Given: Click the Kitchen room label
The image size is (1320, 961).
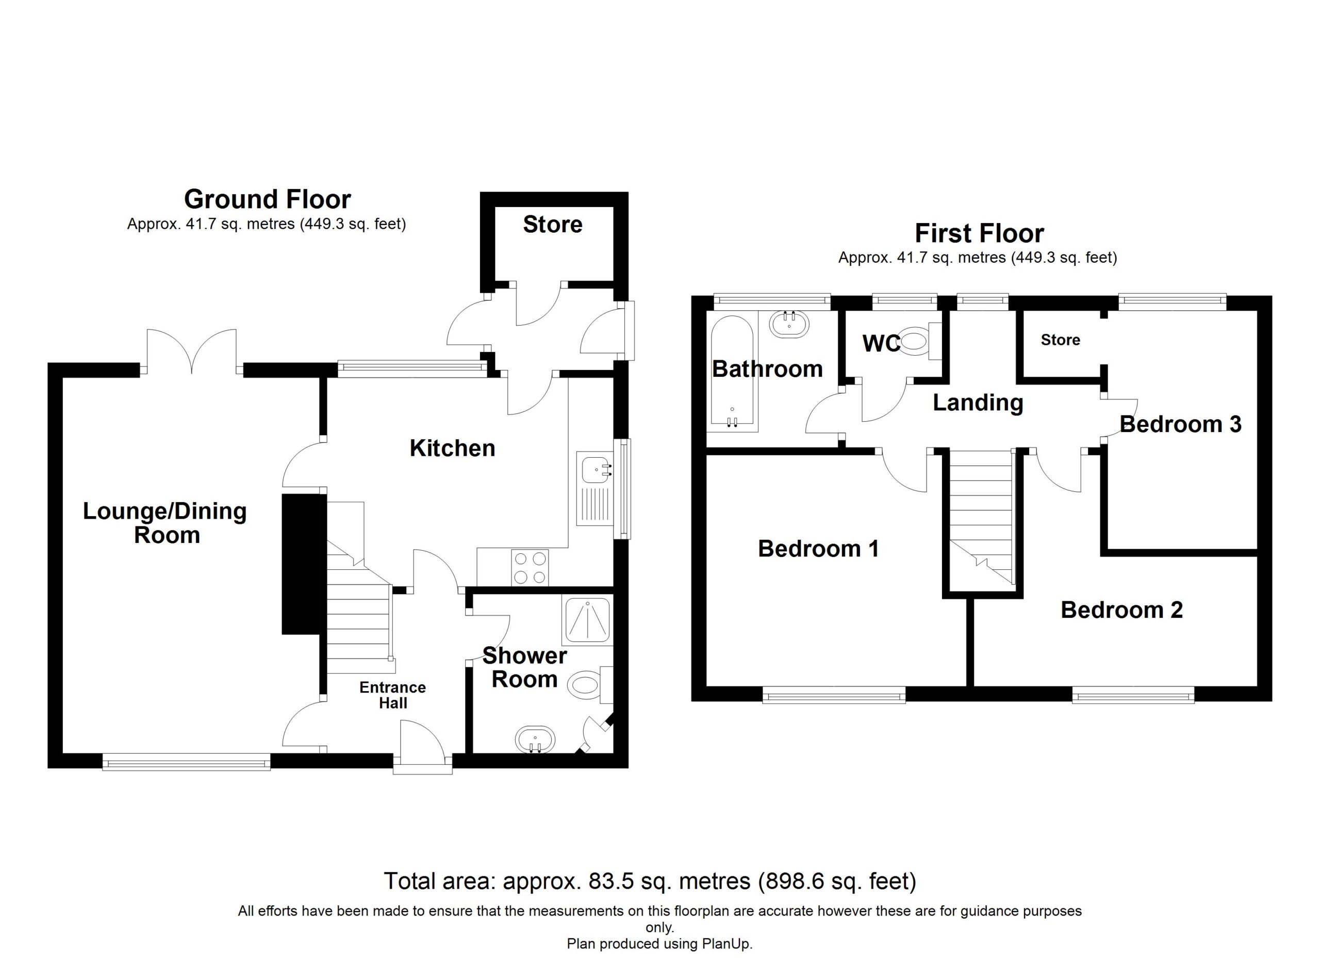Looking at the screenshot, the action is pyautogui.click(x=452, y=449).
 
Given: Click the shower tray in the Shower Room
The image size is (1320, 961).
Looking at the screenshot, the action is pyautogui.click(x=587, y=620).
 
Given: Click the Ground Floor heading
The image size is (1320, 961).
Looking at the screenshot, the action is pyautogui.click(x=268, y=200).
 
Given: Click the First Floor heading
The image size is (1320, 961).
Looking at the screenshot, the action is pyautogui.click(x=980, y=234).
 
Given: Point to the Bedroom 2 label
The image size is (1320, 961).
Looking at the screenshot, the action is pyautogui.click(x=1121, y=610).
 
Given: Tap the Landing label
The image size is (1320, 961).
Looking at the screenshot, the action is pyautogui.click(x=978, y=403).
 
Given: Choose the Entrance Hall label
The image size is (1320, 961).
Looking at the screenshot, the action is pyautogui.click(x=393, y=695).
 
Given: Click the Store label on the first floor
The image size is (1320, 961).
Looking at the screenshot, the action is pyautogui.click(x=1061, y=340).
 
